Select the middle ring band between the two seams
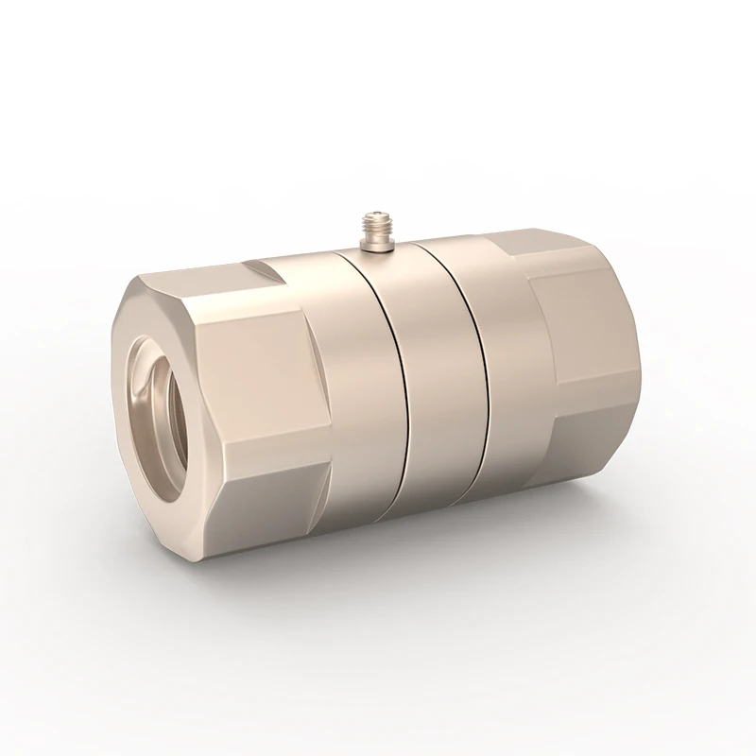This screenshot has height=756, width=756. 442,378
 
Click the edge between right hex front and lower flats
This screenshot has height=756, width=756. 595,416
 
